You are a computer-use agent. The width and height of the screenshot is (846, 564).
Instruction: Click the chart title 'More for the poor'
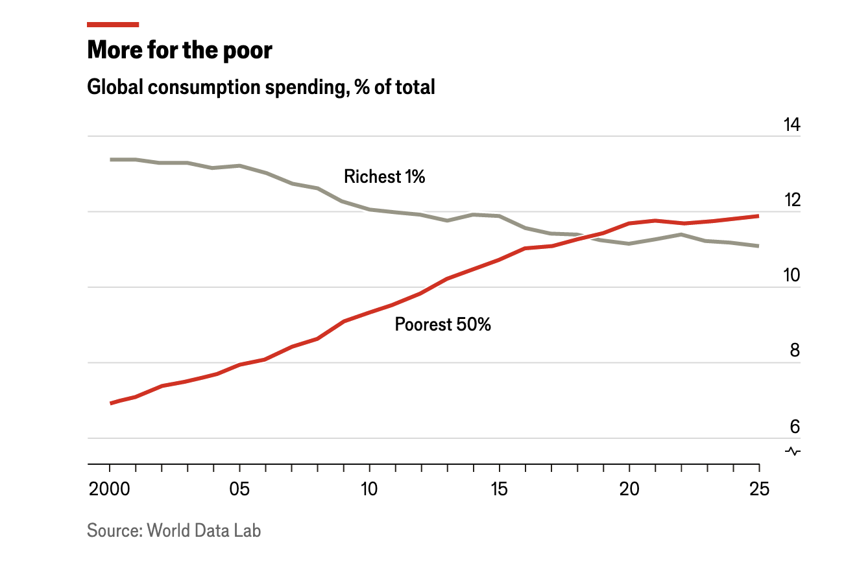click(180, 51)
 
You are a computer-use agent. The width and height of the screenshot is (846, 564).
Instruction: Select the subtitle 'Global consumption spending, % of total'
click(261, 87)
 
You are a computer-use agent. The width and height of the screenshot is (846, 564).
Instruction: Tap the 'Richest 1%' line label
click(384, 176)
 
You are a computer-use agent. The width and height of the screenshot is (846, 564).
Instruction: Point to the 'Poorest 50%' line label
click(442, 324)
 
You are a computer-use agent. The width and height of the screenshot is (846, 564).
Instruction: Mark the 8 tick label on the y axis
click(794, 351)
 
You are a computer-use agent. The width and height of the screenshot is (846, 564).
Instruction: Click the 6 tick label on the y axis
click(794, 427)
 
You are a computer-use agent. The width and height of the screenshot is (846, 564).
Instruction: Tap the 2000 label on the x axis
click(110, 489)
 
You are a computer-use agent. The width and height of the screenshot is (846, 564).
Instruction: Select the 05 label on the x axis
click(240, 489)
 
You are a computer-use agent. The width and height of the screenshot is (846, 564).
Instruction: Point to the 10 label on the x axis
click(370, 489)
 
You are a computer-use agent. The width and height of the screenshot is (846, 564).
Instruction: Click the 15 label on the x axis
click(500, 489)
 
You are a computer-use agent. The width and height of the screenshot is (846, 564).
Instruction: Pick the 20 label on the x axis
click(629, 489)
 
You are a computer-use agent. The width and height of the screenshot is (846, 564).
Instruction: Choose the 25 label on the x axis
click(759, 489)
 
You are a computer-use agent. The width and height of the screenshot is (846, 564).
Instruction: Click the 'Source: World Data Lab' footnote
click(174, 530)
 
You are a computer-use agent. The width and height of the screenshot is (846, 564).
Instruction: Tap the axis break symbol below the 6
click(793, 451)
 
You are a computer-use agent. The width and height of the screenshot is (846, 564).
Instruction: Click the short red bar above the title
click(113, 25)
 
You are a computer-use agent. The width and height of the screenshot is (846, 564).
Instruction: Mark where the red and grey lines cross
click(589, 236)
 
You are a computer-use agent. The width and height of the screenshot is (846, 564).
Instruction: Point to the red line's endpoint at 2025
click(758, 216)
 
